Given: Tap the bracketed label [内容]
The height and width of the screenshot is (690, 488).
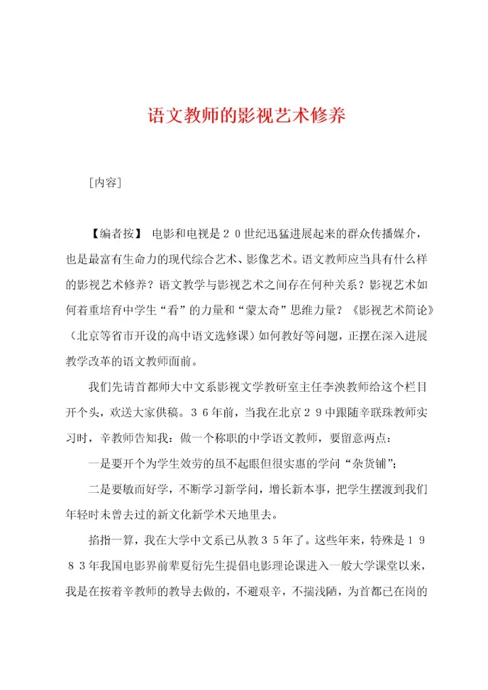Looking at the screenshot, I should (x=105, y=182).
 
